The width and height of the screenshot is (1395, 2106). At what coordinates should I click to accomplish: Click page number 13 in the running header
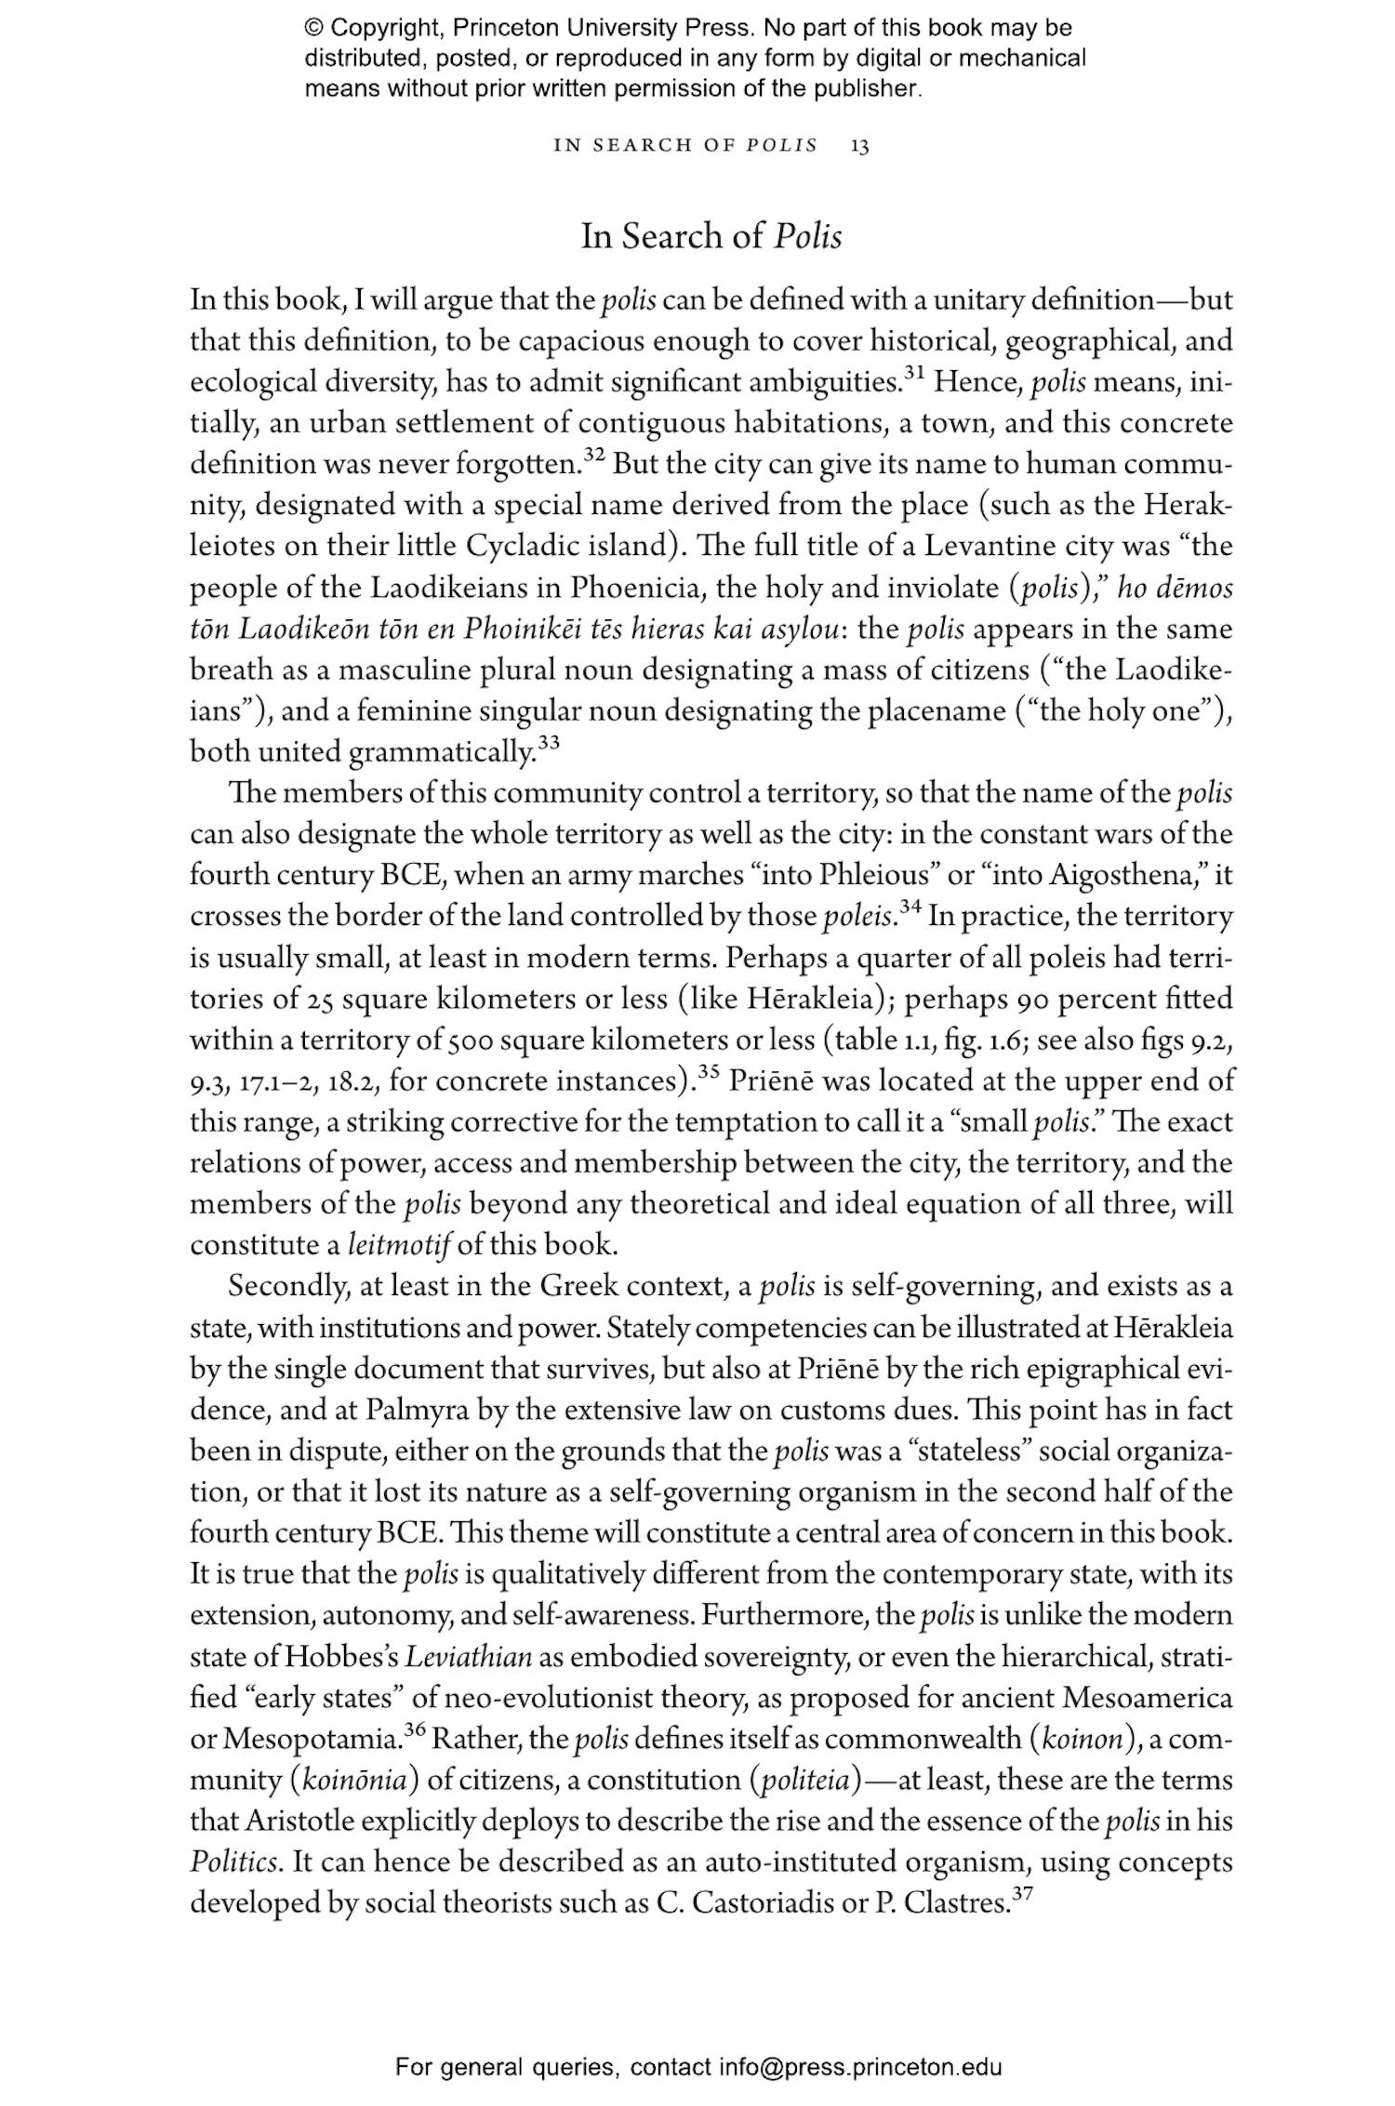[x=859, y=146]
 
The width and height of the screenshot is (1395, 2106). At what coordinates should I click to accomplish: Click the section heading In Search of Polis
[x=711, y=236]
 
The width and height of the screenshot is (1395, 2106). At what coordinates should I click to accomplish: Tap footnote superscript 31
[x=914, y=374]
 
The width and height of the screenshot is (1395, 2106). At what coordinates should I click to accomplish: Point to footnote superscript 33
[x=550, y=743]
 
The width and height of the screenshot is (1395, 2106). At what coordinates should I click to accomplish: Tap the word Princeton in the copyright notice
[x=508, y=28]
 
